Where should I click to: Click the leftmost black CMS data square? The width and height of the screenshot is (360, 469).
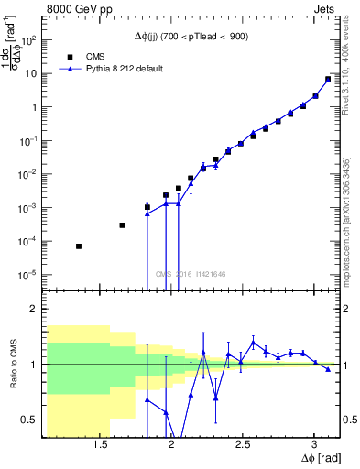point(79,246)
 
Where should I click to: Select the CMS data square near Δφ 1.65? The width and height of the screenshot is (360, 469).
point(122,225)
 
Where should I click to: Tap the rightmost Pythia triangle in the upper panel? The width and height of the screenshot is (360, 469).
point(328,80)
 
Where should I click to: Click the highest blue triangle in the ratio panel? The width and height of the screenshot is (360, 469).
point(254,342)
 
